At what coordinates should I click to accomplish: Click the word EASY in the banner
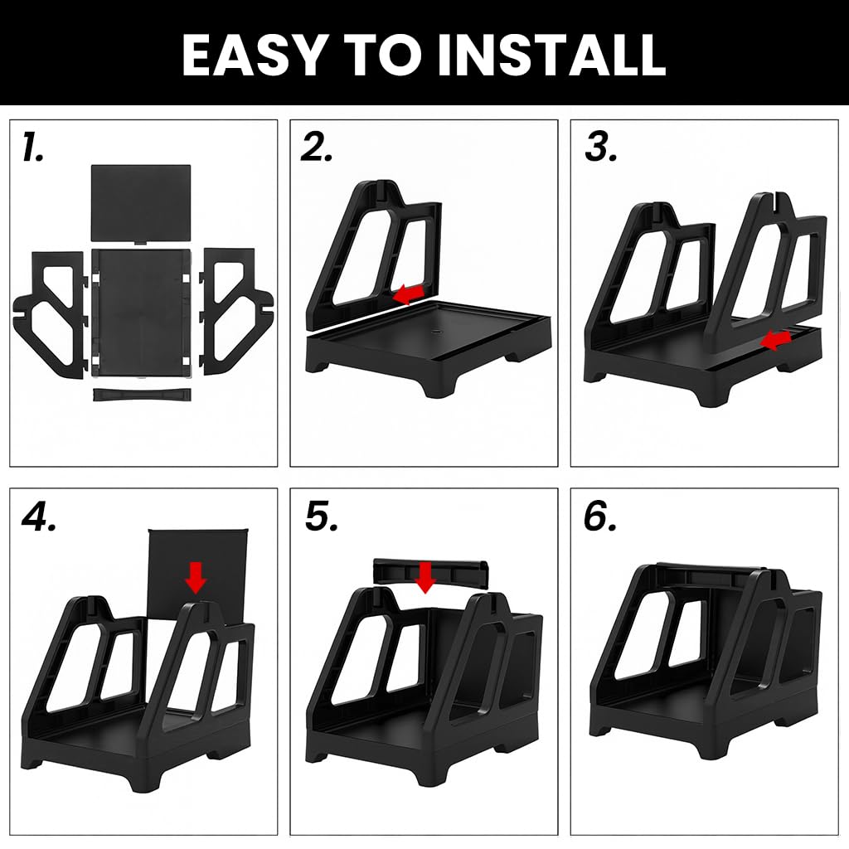[252, 56]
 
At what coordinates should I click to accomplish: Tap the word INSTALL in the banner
[551, 56]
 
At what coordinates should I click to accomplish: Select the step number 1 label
[32, 148]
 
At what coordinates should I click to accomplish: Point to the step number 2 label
[316, 148]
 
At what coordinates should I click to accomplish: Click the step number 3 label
[600, 148]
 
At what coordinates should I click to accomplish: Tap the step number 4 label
[38, 518]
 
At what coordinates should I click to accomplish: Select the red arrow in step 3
[775, 341]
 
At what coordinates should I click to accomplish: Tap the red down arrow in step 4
[196, 577]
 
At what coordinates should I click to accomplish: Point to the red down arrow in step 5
[425, 577]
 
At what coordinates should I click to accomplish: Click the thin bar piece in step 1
[142, 395]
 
